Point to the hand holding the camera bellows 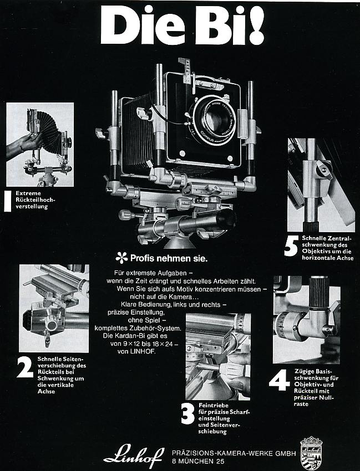[26, 143]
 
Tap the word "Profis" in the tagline [144, 258]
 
